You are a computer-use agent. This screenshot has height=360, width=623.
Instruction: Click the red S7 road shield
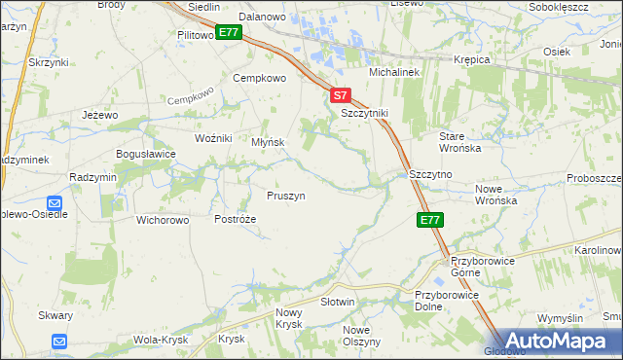[x=339, y=95]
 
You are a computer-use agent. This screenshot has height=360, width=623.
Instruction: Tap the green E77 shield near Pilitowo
[x=229, y=33]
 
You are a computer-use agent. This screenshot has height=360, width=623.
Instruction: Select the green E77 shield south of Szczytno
[x=431, y=221]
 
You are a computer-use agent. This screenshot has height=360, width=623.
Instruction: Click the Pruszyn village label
[x=286, y=196]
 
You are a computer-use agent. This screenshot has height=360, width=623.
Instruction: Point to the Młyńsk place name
[x=268, y=142]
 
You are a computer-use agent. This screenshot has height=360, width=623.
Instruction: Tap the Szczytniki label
[x=364, y=113]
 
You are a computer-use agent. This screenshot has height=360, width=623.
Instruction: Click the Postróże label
[x=235, y=219]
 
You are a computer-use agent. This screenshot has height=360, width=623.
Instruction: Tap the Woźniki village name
[x=213, y=138]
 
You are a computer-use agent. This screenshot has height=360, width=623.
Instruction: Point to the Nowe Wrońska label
[x=495, y=194]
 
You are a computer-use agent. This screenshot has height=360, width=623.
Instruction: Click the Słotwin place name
[x=338, y=303]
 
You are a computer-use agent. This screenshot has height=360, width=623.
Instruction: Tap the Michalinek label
[x=392, y=73]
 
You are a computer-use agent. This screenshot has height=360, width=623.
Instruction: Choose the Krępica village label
[x=471, y=59]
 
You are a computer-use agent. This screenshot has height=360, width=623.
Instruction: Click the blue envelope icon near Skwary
[x=59, y=342]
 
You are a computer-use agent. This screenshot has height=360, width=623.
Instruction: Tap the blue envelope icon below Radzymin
[x=54, y=204]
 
